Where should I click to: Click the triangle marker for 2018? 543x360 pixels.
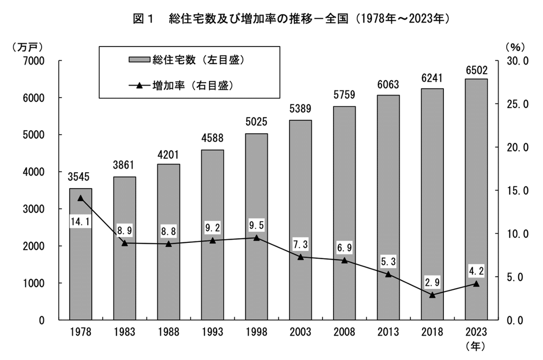point(432,295)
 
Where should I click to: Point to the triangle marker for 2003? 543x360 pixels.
point(301,257)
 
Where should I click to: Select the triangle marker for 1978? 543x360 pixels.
point(80,198)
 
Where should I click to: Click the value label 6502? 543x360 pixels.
point(476,70)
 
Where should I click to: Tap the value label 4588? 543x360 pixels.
point(212,138)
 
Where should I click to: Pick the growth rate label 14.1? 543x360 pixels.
point(80,222)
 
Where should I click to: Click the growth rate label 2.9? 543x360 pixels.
point(432,282)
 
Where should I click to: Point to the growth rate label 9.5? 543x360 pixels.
point(256,225)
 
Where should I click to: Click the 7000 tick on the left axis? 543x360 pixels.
point(34,61)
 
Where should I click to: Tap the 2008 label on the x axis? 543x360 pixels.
point(344,332)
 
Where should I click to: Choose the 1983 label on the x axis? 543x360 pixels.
point(124,332)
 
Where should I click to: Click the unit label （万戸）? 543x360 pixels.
point(28,47)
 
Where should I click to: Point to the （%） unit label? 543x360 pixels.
point(515,47)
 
